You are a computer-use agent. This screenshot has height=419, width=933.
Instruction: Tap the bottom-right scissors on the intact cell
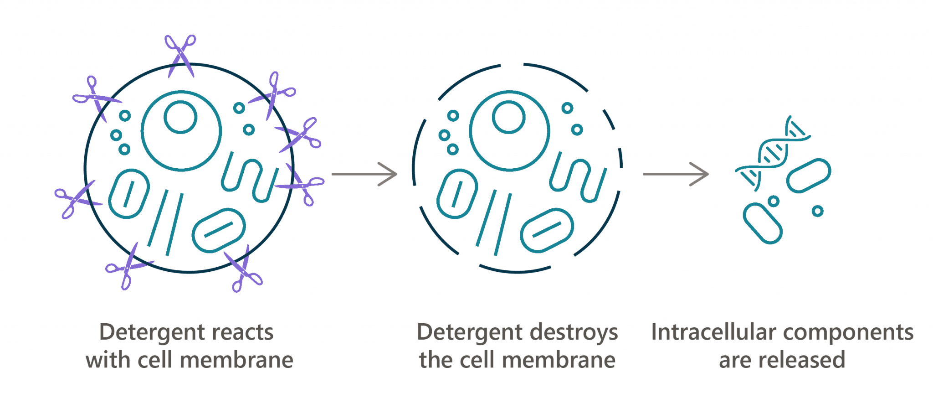[x=244, y=269]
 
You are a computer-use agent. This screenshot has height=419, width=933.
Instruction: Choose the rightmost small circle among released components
[x=818, y=211]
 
